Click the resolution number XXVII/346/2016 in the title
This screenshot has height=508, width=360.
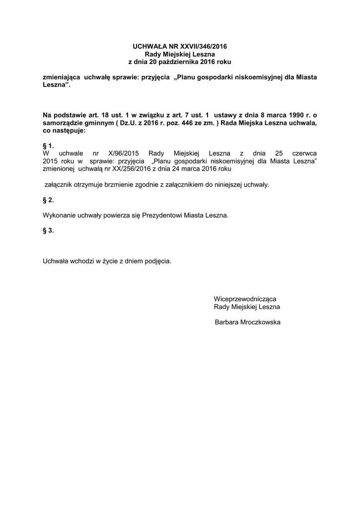(x=202, y=46)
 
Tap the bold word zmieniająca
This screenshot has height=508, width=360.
(x=62, y=78)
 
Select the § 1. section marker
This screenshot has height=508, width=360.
(x=48, y=146)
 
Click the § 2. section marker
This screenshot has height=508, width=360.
(x=48, y=200)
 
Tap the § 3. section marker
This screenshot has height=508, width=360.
(x=48, y=230)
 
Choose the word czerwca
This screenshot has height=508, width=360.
(x=304, y=154)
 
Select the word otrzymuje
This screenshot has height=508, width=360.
(x=90, y=185)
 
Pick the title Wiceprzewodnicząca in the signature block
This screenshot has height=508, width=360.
(x=245, y=299)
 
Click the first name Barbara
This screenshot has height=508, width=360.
(x=228, y=322)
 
